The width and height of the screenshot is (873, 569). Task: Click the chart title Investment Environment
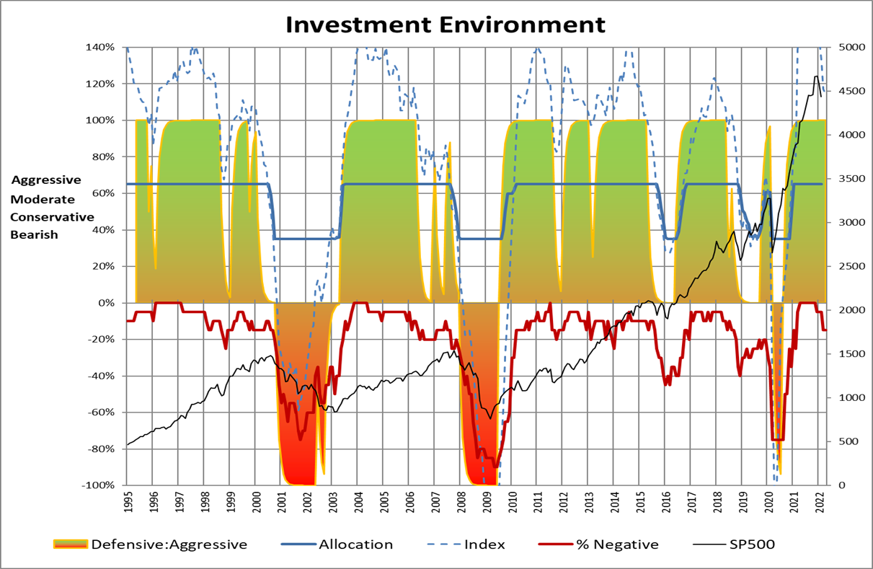(x=445, y=24)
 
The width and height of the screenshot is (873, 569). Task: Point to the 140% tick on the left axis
(x=105, y=47)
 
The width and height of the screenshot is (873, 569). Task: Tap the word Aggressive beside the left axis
(x=46, y=180)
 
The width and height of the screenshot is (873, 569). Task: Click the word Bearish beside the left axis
(x=34, y=234)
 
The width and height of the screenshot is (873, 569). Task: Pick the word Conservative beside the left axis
(x=52, y=216)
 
